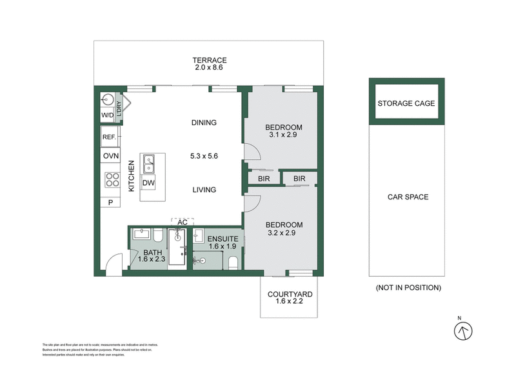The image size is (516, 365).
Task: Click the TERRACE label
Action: pyautogui.click(x=210, y=60)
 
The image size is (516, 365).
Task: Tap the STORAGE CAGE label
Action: pyautogui.click(x=406, y=103)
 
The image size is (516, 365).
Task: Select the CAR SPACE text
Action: pyautogui.click(x=407, y=197)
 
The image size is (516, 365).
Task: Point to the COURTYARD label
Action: pyautogui.click(x=290, y=295)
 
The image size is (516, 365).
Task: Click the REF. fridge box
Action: pyautogui.click(x=108, y=137)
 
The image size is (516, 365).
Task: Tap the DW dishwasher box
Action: pyautogui.click(x=148, y=183)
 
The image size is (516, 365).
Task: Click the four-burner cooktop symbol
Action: pyautogui.click(x=112, y=179)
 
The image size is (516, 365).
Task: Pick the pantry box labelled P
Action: pyautogui.click(x=110, y=202)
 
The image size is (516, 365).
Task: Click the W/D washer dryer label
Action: pyautogui.click(x=107, y=115)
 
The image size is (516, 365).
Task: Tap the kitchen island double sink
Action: pyautogui.click(x=148, y=164)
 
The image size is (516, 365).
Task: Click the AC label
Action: pyautogui.click(x=183, y=222)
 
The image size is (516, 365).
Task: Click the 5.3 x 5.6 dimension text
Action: pyautogui.click(x=204, y=156)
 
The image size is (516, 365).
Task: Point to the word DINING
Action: pyautogui.click(x=204, y=123)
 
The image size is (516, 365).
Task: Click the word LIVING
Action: pyautogui.click(x=203, y=190)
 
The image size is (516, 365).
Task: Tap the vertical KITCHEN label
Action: pyautogui.click(x=131, y=175)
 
